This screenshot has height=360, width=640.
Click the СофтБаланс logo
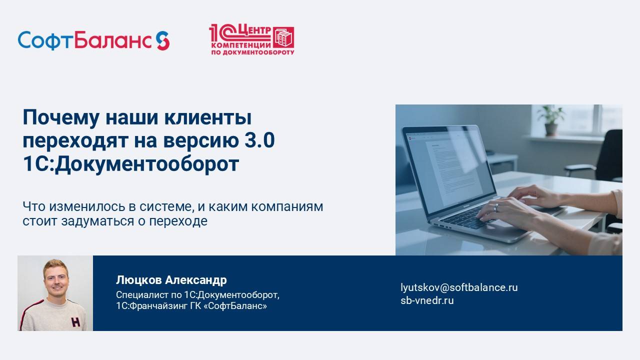[93, 40]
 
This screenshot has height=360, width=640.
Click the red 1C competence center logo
[251, 40]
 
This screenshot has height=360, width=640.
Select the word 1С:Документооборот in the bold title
[131, 164]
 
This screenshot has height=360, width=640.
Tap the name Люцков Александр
[171, 279]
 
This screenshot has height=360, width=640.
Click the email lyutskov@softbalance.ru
[459, 287]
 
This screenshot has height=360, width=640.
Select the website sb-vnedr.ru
[427, 300]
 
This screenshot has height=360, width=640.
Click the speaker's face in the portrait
[55, 278]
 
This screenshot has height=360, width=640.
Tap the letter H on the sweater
[75, 322]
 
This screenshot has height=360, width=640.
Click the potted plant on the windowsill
[551, 120]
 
